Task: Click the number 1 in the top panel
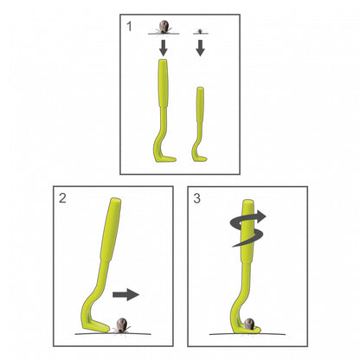pos(129,27)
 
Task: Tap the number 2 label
pos(62,198)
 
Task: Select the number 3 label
pos(196,198)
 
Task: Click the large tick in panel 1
pos(164,27)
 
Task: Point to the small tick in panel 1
pos(200,30)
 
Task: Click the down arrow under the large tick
pos(164,48)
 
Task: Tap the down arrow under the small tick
pos(200,48)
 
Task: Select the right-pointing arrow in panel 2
pos(125,294)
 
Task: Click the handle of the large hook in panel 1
pos(164,83)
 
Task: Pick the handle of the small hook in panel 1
pos(200,105)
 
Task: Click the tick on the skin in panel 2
pos(122,325)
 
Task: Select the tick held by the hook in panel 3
pos(248,324)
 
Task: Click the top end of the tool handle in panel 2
pos(116,200)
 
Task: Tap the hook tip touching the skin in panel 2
pos(107,328)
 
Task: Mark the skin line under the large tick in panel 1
pos(164,34)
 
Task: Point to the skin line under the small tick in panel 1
pos(201,34)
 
